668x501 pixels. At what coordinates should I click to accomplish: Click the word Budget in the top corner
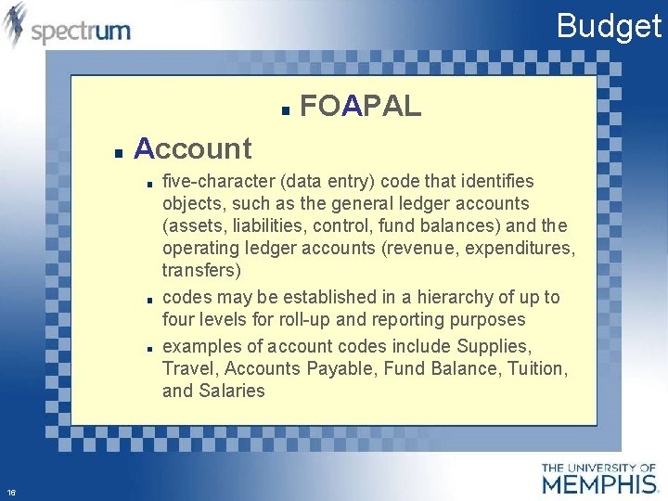coord(609,25)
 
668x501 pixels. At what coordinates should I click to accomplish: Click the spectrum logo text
coord(81,32)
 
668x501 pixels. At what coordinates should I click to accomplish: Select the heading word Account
coord(193,148)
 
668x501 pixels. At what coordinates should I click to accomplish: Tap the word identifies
coord(501,180)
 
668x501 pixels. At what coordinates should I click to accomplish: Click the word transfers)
coord(201,271)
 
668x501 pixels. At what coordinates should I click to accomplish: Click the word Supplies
coord(495,346)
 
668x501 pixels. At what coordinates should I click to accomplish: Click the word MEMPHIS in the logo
coord(599,483)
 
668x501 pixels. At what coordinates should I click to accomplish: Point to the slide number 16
coord(11,492)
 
